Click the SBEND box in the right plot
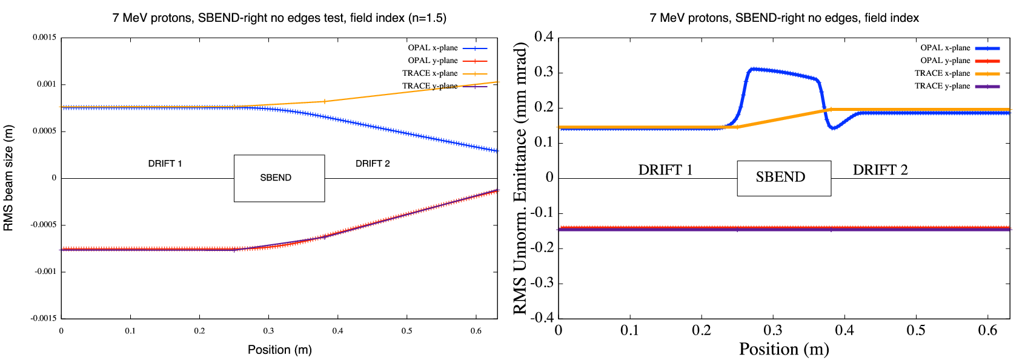783,178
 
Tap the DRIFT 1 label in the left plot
165,164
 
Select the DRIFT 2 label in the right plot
880,170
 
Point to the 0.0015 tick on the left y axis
45,38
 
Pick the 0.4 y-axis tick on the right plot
543,37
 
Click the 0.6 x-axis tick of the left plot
476,331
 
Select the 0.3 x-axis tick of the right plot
773,330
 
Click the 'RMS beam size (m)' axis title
8,178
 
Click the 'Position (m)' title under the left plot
279,350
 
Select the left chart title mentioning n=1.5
279,18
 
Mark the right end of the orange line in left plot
497,82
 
